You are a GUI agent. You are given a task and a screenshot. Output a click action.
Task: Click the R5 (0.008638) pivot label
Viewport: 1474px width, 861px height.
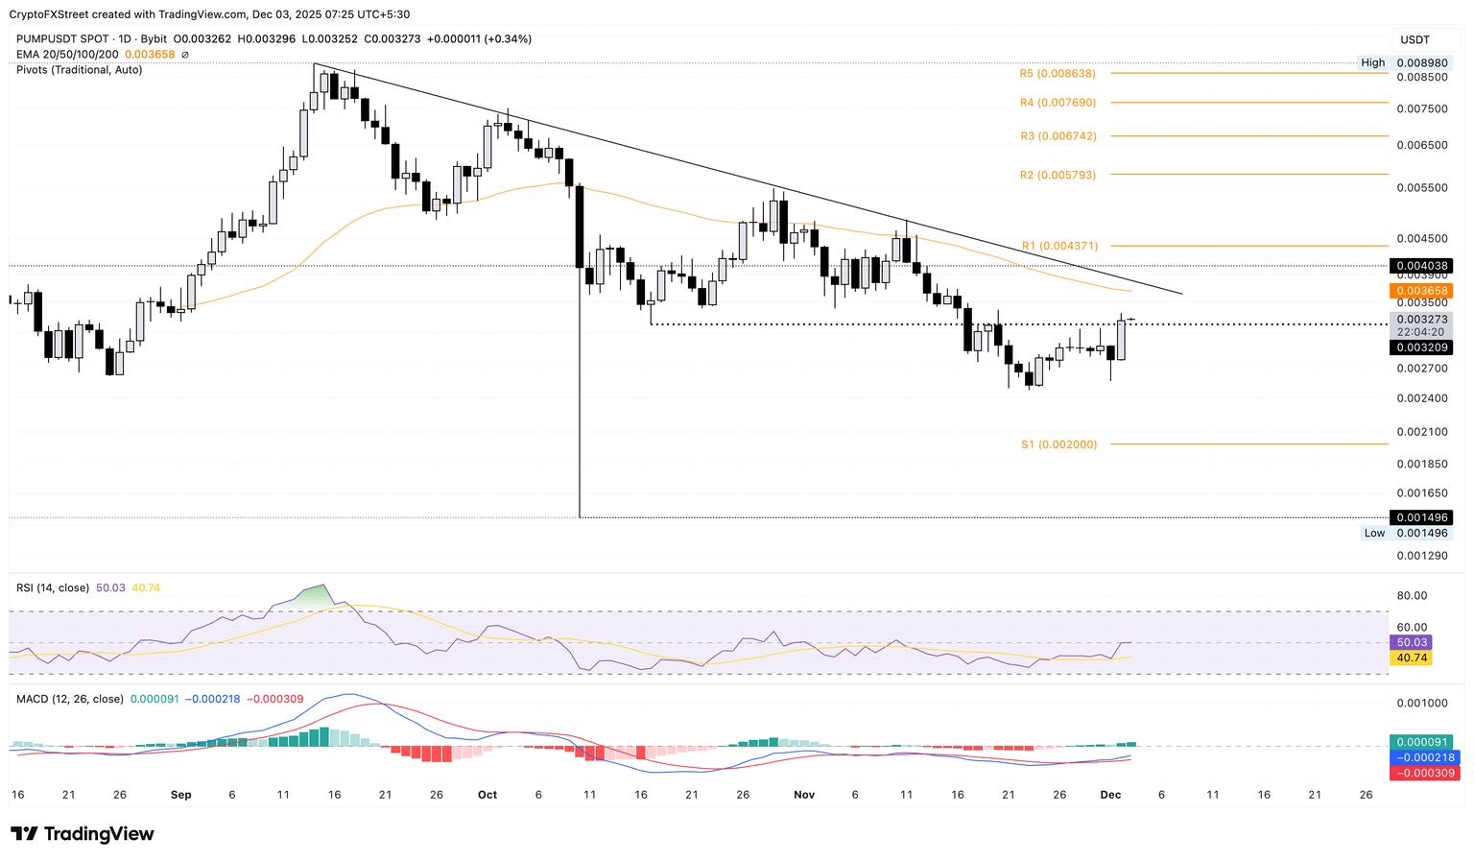click(1057, 74)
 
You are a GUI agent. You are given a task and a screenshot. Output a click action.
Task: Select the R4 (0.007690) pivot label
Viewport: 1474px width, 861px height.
click(1058, 103)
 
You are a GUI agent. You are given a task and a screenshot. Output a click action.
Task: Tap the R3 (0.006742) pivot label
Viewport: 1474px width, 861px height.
click(1058, 136)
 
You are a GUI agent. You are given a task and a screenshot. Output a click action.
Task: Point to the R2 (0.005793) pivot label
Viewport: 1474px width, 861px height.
click(1058, 176)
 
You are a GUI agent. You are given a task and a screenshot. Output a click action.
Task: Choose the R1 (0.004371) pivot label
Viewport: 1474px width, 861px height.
click(1059, 247)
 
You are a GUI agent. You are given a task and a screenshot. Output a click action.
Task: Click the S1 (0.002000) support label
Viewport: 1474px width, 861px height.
click(1058, 444)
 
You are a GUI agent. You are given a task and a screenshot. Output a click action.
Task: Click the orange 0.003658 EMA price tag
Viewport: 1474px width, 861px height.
click(1420, 291)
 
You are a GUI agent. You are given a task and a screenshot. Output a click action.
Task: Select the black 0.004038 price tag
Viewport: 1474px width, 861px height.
click(1420, 266)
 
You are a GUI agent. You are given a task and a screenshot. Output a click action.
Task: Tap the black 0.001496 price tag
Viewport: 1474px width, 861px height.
click(1420, 517)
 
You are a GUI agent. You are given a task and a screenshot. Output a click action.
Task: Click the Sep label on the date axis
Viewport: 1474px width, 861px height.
click(180, 795)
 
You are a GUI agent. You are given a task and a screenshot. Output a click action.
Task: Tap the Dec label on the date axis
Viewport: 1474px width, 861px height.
click(1110, 795)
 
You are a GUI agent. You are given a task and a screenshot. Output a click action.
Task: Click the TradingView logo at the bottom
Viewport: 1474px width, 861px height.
click(83, 834)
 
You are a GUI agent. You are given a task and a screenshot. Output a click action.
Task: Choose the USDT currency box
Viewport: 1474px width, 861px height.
click(1415, 39)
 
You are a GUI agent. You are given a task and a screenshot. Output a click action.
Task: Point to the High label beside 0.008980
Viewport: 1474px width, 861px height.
click(1372, 62)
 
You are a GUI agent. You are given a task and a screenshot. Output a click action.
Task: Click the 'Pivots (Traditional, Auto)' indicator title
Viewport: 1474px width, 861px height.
click(79, 70)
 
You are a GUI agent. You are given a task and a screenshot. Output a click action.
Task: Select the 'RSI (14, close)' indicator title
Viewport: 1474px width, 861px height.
click(53, 587)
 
